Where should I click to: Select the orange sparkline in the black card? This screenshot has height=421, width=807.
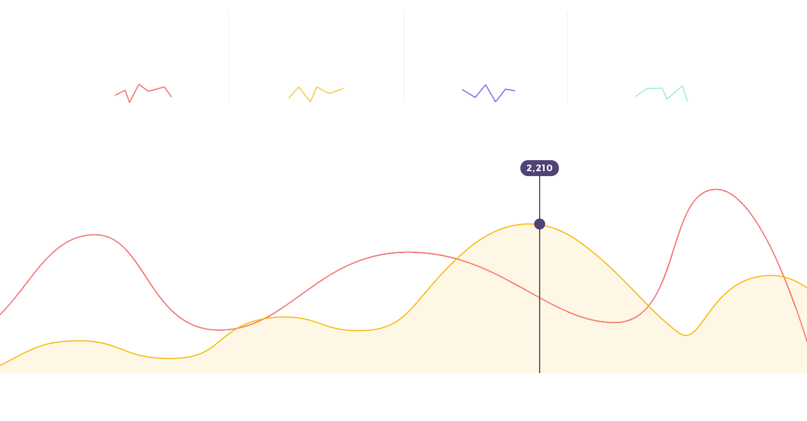click(316, 92)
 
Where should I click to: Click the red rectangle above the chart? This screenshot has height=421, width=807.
click(141, 93)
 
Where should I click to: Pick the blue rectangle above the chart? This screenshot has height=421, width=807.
click(489, 93)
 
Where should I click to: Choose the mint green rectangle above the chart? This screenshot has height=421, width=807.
click(660, 94)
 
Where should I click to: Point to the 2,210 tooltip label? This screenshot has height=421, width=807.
click(539, 168)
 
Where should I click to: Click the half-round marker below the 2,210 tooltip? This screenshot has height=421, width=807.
click(539, 223)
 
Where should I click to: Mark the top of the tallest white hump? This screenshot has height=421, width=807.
click(715, 191)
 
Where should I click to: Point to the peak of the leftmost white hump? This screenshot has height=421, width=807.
click(95, 236)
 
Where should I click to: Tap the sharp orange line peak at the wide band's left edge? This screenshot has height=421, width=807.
click(456, 259)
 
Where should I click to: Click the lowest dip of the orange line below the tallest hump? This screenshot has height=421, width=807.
click(685, 335)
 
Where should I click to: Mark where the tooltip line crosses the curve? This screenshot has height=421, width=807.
click(540, 297)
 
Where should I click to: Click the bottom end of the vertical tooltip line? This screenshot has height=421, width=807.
click(540, 372)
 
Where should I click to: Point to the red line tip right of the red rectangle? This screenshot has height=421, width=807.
click(171, 96)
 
